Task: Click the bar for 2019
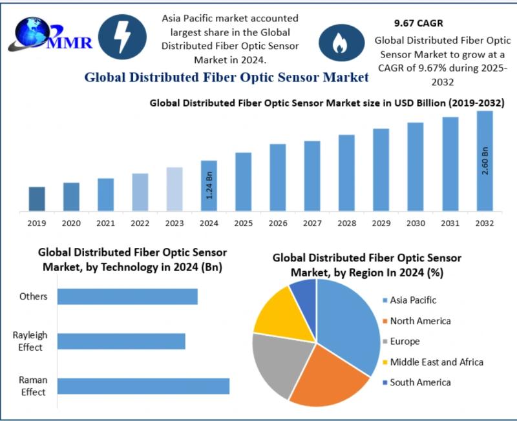click(37, 199)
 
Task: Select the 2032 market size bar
click(485, 161)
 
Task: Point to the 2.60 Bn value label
click(485, 161)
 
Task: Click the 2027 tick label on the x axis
click(312, 223)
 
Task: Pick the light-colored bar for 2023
click(174, 189)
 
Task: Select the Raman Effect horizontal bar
click(143, 386)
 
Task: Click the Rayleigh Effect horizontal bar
click(121, 341)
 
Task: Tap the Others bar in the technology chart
click(127, 296)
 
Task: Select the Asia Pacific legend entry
click(414, 300)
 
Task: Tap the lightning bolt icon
click(121, 37)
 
